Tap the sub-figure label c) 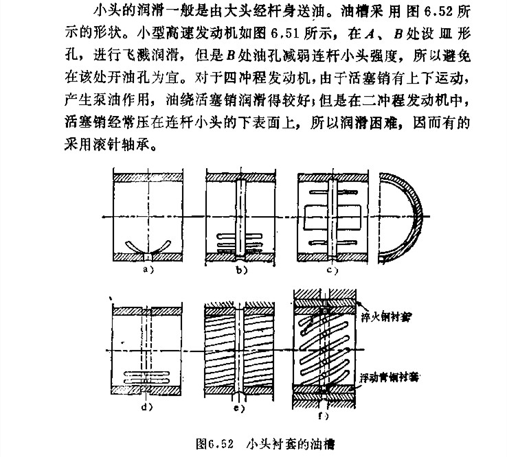(335, 270)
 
